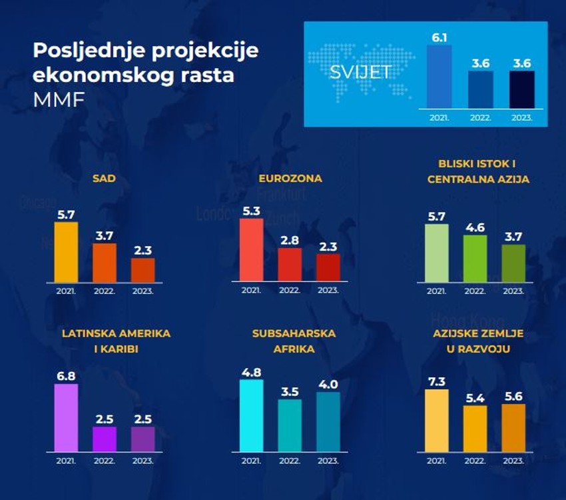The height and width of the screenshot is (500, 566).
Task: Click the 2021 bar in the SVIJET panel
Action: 439,76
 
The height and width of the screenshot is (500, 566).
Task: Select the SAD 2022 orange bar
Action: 104,263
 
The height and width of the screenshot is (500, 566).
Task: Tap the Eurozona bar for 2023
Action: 328,267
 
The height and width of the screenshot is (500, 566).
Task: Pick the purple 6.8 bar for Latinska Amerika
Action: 65,418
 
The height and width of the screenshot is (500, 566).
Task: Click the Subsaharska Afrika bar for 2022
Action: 290,425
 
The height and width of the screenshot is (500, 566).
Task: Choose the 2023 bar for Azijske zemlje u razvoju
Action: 513,427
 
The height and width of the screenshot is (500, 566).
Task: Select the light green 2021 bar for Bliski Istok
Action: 437,253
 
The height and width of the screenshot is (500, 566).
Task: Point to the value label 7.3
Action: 436,381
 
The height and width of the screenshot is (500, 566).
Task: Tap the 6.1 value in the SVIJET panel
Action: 439,37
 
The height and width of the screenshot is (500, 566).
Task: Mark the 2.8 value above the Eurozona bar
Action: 290,240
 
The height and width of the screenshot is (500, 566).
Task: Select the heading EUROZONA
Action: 290,178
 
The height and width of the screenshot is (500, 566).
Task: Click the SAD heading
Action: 104,178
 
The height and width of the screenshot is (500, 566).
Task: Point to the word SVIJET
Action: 360,72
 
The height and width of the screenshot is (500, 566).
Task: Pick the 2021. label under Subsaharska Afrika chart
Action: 251,461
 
